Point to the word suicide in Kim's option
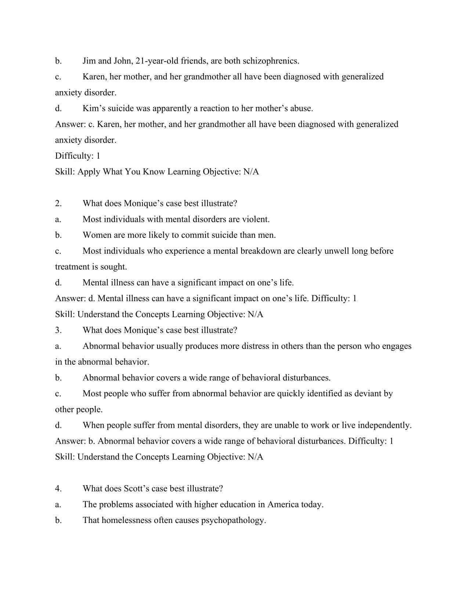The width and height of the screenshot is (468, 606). [121, 108]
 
